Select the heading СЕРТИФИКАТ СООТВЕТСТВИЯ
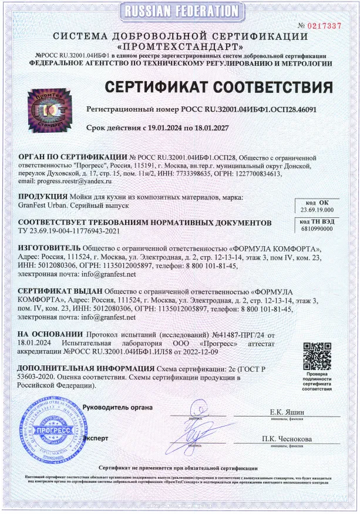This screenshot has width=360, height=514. [223, 88]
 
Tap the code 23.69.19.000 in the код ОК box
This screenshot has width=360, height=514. [315, 209]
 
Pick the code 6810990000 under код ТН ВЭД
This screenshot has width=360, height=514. [316, 229]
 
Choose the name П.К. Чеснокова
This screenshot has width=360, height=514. [287, 439]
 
